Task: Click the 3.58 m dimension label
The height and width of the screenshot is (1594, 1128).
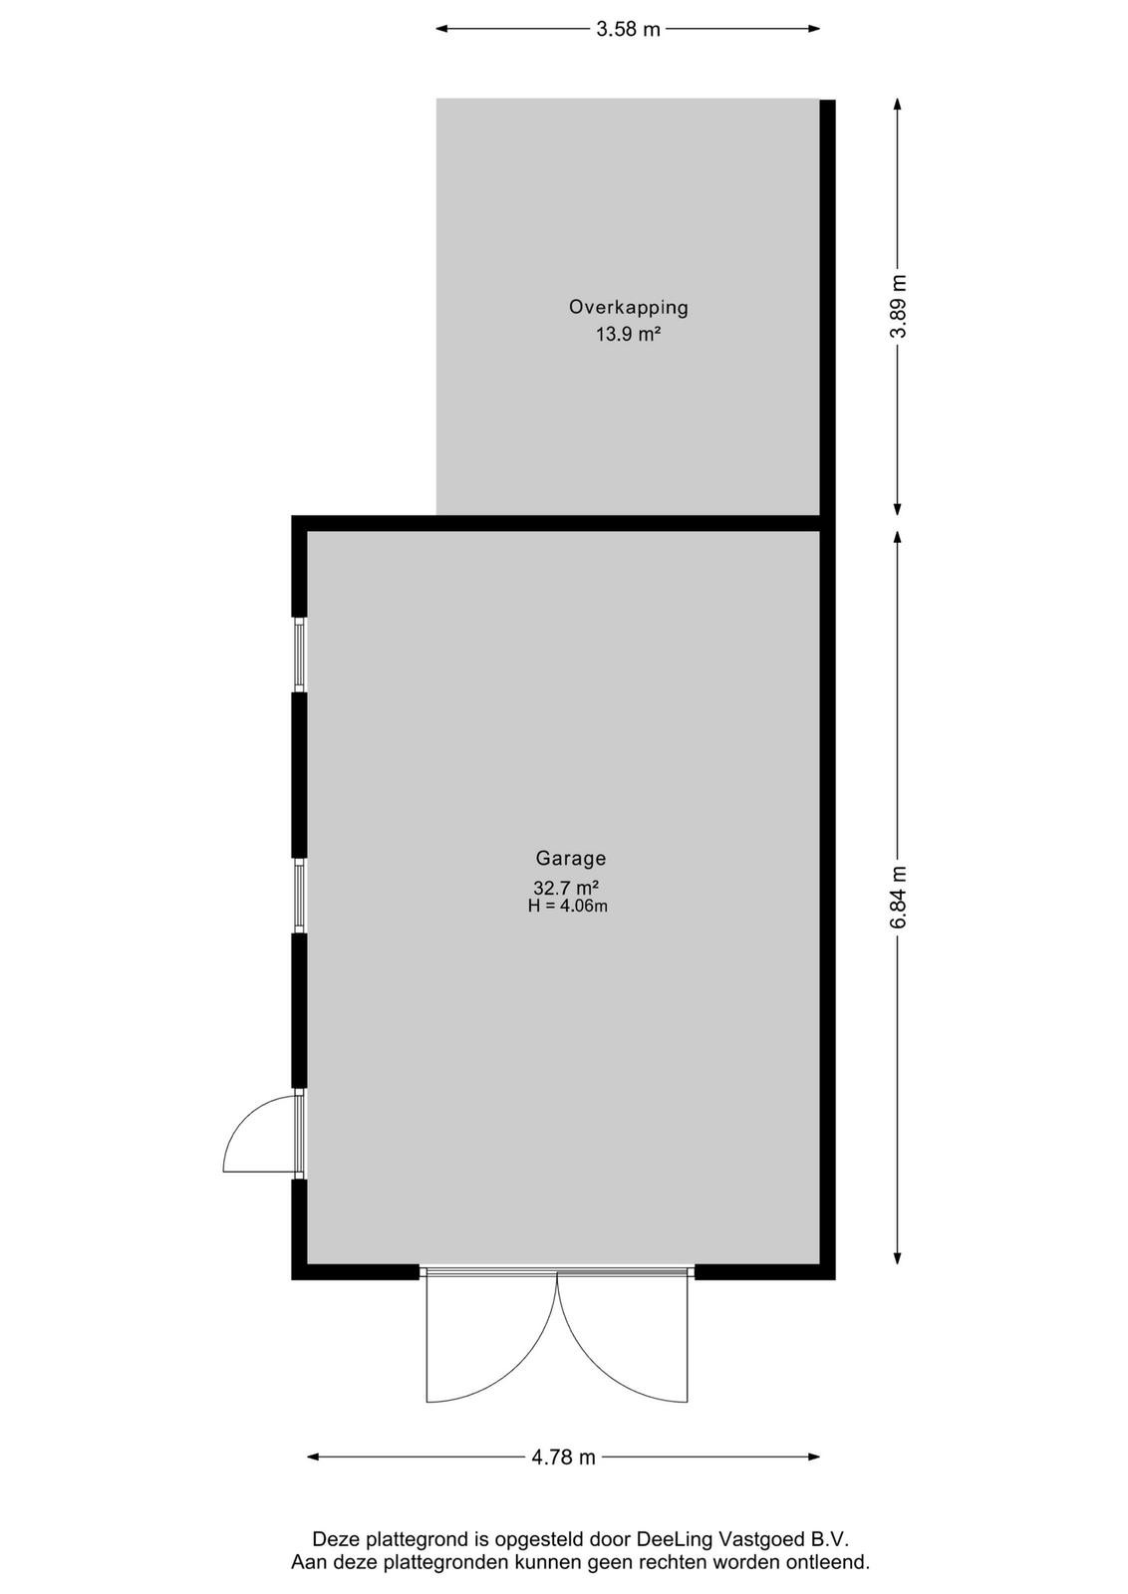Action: (628, 29)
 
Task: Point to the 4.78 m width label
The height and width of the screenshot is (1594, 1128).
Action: (563, 1457)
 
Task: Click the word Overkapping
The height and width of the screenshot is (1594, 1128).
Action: (629, 308)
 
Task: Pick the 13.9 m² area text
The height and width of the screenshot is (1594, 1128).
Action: (629, 334)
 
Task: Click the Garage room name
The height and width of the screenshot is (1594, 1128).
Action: (571, 858)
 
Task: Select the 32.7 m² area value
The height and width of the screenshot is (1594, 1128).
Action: (566, 888)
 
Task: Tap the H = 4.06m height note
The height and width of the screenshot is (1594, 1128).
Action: (567, 906)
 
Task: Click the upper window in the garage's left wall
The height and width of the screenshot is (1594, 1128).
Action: (300, 654)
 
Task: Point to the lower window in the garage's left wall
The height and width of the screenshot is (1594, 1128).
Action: (300, 896)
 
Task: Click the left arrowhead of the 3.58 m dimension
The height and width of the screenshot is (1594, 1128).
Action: (442, 29)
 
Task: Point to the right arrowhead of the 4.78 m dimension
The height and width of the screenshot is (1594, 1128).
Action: (813, 1457)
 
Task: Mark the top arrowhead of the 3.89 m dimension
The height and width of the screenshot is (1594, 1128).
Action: (898, 104)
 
